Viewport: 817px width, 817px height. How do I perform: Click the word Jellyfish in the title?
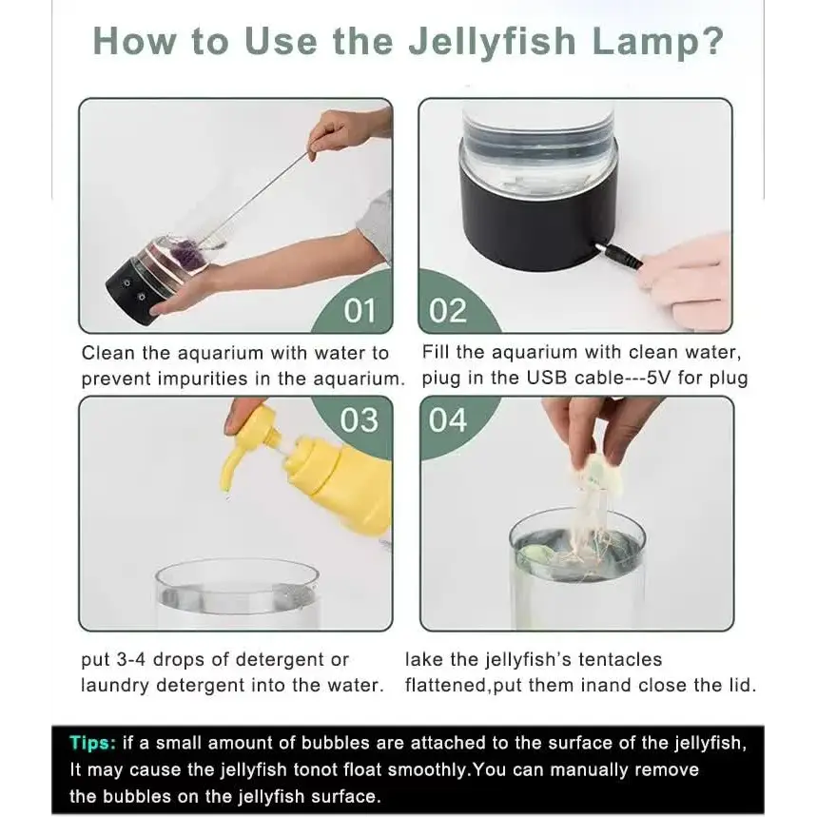coord(492,42)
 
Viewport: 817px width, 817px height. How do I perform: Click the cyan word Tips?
coord(93,742)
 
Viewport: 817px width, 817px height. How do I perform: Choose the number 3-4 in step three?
coord(131,659)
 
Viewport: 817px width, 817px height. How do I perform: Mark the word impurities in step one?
coord(203,379)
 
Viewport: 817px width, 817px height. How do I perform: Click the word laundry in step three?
coord(115,685)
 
